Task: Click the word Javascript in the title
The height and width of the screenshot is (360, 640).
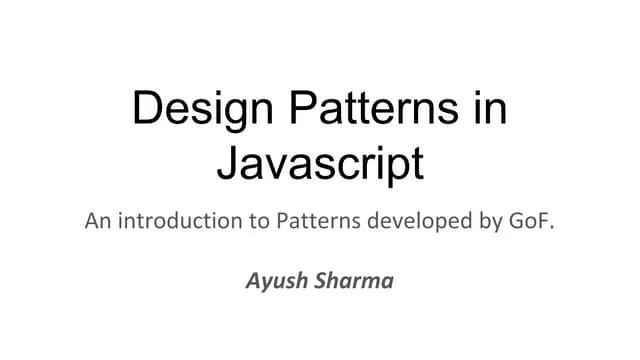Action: tap(320, 163)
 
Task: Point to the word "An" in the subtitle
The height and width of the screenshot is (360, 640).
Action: tap(97, 220)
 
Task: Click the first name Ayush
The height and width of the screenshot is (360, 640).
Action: tap(274, 280)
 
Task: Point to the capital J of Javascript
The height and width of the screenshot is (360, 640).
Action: tap(227, 163)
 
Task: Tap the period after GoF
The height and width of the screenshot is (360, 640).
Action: tap(550, 226)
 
